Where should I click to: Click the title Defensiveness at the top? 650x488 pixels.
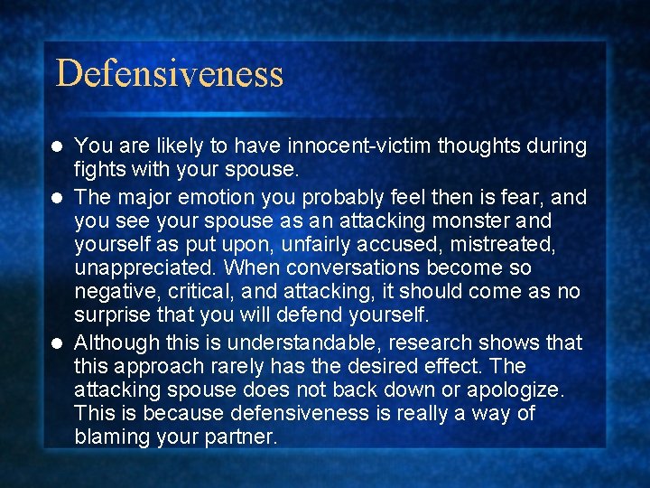(x=170, y=73)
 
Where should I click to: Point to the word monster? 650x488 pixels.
(x=479, y=221)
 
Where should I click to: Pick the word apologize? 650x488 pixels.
(x=517, y=390)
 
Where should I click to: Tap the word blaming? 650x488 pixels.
(x=113, y=437)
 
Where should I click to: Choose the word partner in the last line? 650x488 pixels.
(x=244, y=437)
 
